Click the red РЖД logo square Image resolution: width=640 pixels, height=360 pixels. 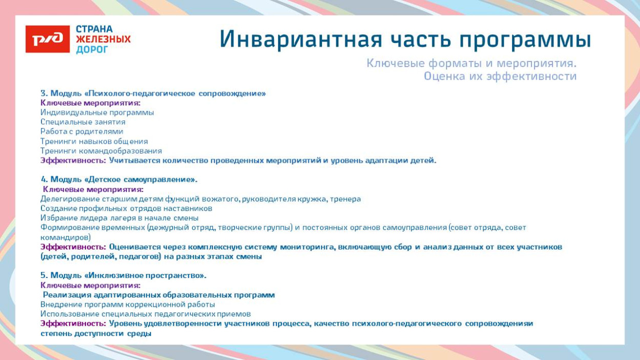48,39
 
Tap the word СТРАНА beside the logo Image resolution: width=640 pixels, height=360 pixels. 94,29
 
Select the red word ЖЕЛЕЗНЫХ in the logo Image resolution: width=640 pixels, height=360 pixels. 103,39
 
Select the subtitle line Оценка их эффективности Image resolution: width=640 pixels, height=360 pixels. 500,76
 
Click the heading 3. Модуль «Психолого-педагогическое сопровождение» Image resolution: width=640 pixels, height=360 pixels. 153,93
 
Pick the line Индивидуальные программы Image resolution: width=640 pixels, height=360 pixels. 97,112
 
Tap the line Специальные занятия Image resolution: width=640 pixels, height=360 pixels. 83,122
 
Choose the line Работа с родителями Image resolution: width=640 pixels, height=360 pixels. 82,131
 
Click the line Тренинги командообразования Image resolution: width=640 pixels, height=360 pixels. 101,151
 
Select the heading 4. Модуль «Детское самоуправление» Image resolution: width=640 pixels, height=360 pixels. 119,179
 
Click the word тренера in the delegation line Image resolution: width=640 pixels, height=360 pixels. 346,199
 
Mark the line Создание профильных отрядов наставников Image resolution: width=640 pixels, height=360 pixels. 126,208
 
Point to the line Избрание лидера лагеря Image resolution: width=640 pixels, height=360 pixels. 119,218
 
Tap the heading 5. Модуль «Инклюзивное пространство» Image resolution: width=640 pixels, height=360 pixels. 123,276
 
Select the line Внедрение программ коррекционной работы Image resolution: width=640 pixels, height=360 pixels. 127,304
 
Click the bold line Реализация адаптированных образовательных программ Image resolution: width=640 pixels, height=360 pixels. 159,295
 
